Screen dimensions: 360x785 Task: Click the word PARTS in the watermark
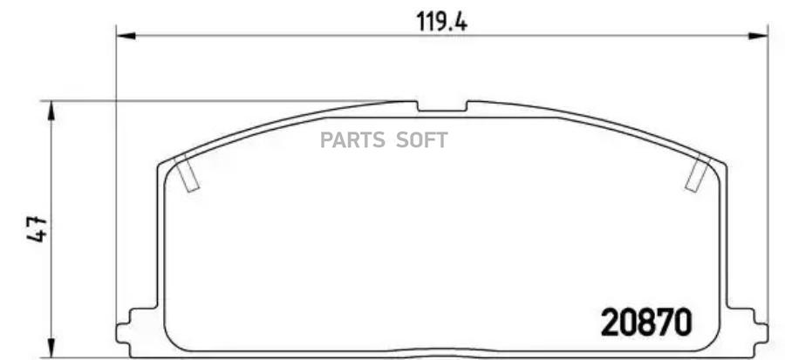click(352, 139)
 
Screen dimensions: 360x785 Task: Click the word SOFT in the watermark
click(423, 139)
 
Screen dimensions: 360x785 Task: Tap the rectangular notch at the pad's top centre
click(441, 107)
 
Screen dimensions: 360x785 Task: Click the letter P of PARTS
click(327, 139)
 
